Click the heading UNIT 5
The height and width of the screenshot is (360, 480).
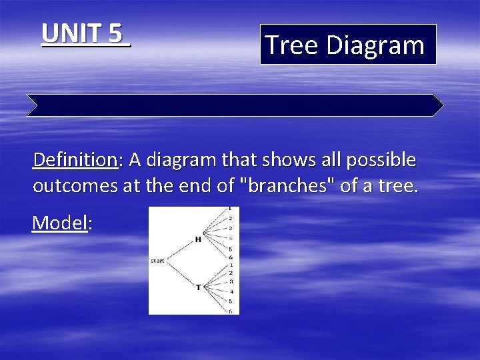(x=85, y=33)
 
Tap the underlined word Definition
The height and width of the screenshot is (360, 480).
(x=75, y=160)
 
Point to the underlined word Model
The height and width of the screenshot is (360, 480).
(x=60, y=223)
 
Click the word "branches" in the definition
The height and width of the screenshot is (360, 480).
(x=290, y=185)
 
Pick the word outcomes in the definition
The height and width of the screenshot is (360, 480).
(x=75, y=185)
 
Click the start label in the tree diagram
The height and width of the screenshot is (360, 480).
(x=157, y=261)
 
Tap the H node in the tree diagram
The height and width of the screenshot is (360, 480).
(x=198, y=239)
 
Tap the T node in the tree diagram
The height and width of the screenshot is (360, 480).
(x=198, y=287)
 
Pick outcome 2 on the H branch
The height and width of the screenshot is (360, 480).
(x=230, y=219)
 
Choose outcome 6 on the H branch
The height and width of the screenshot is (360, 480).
(x=230, y=257)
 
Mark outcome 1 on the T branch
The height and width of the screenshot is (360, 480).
(x=230, y=265)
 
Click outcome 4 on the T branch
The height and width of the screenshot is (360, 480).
(x=231, y=291)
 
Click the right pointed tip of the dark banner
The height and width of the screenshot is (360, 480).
(x=441, y=105)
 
